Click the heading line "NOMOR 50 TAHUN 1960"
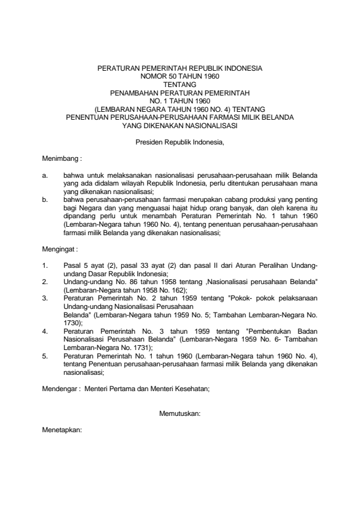[x=180, y=77]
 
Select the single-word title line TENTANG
[x=180, y=85]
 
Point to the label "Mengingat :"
[x=61, y=248]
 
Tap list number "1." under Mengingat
[x=45, y=265]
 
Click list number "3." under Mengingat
[x=45, y=298]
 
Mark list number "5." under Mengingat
[x=45, y=357]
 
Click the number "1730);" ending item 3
[x=73, y=323]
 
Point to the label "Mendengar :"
[x=61, y=390]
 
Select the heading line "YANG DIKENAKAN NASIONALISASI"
[x=180, y=126]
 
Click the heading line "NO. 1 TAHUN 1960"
[x=180, y=101]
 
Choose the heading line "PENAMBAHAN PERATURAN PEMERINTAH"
[x=180, y=93]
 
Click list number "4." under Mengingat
[x=45, y=331]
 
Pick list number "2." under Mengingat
[x=45, y=282]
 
